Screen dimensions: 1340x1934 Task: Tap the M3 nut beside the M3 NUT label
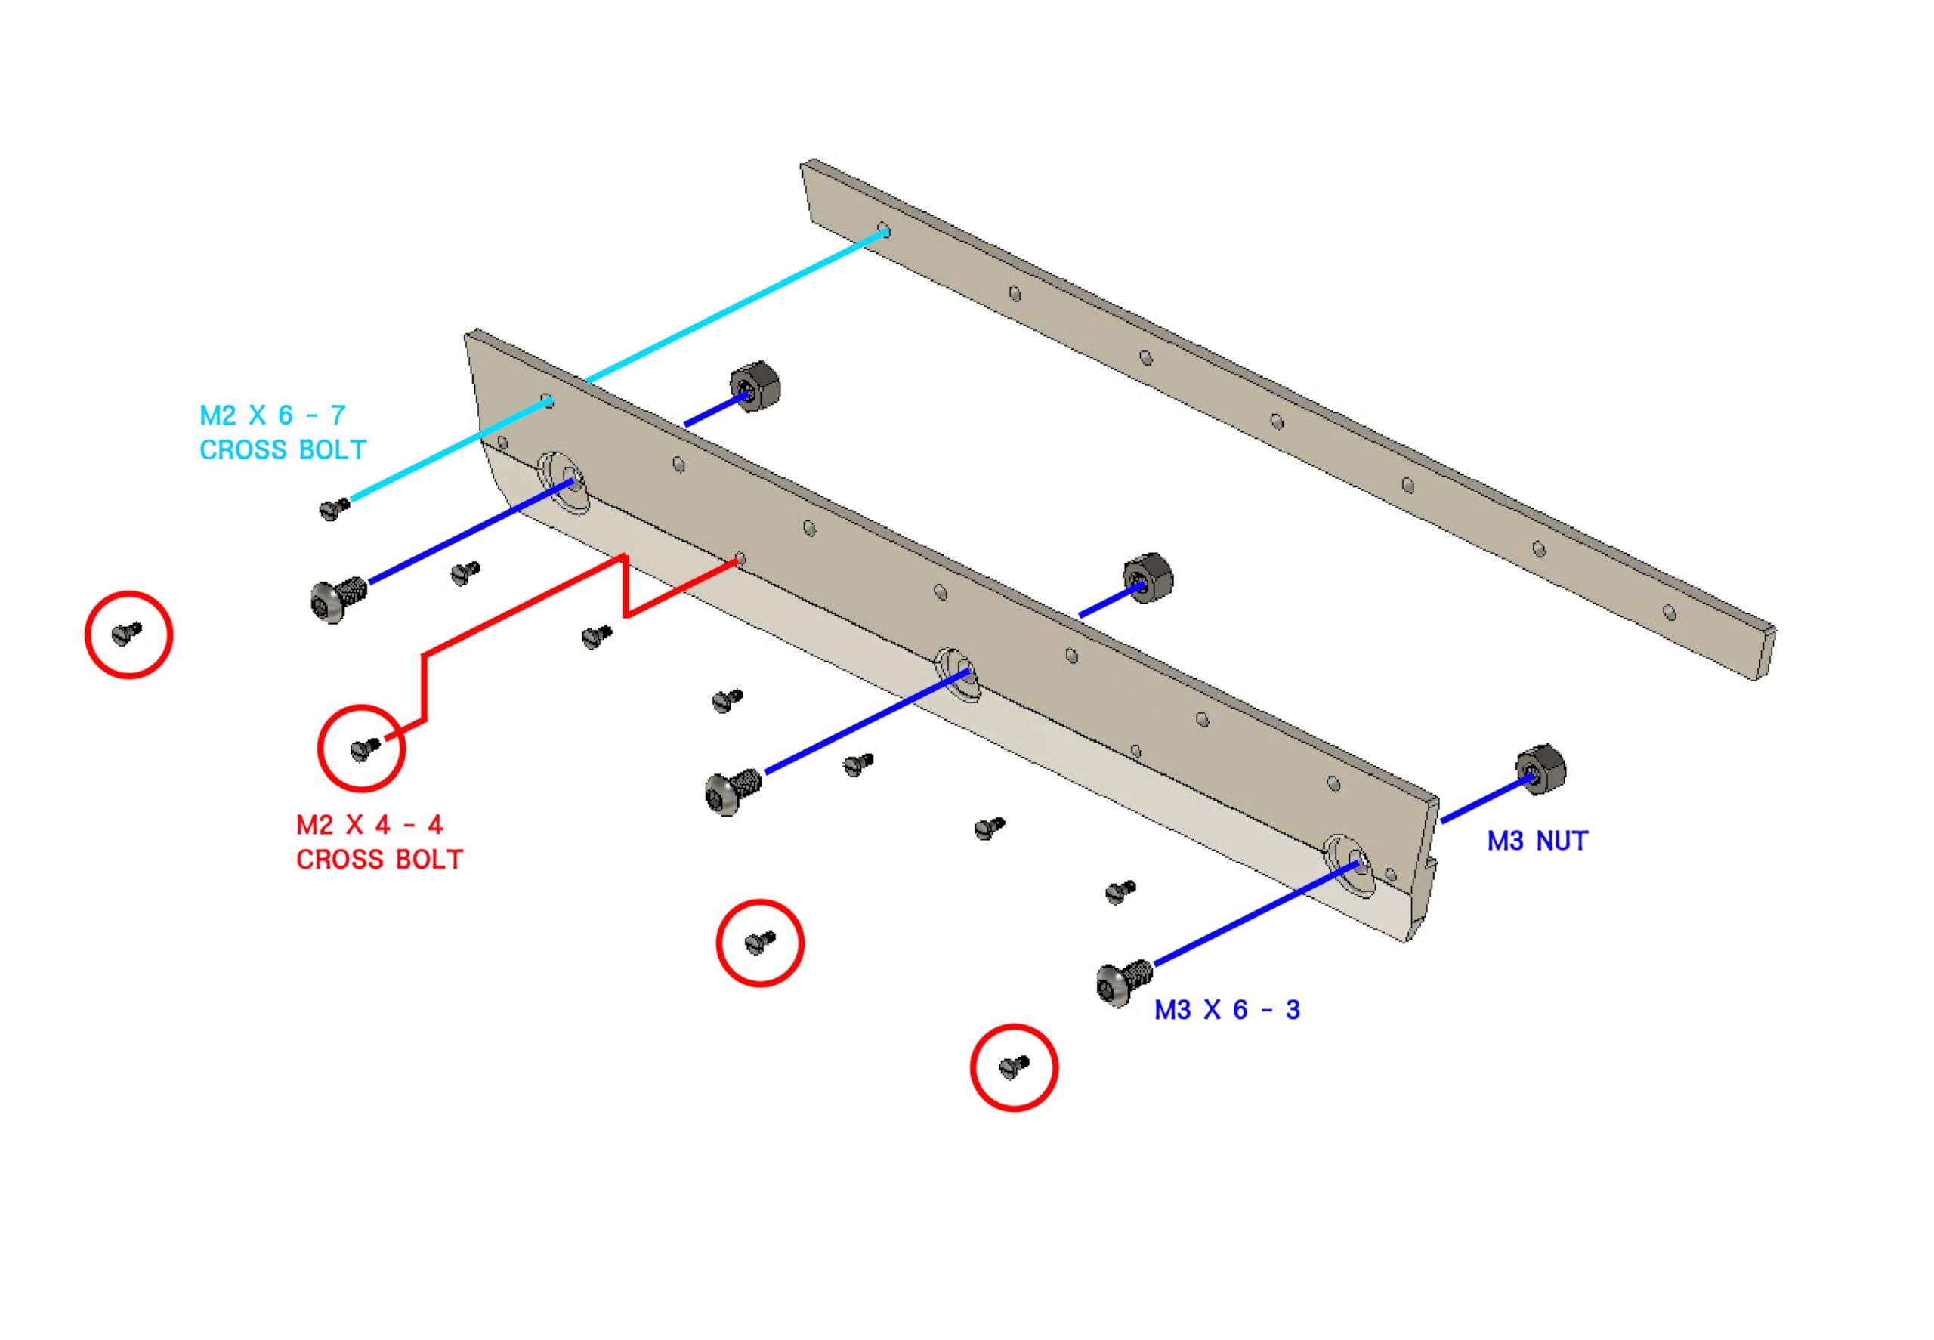[1540, 769]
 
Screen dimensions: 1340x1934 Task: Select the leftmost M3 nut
[755, 385]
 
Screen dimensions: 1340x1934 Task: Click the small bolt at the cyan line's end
[333, 508]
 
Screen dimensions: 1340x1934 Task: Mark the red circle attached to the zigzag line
[361, 747]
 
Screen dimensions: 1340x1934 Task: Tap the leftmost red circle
[128, 634]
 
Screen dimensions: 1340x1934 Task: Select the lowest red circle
[1014, 1067]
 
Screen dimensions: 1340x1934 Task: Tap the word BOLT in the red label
[423, 860]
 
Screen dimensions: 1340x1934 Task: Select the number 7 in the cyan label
[338, 415]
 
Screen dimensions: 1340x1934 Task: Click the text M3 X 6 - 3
[1227, 1009]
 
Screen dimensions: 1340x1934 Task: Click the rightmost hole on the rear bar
[1670, 614]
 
